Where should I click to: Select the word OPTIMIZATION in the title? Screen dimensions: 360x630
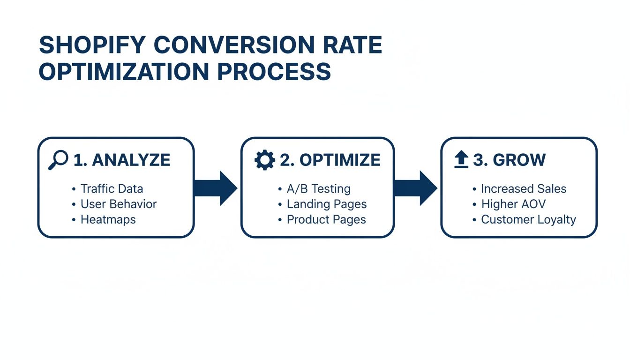point(123,72)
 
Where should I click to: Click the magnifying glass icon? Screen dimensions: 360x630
point(58,160)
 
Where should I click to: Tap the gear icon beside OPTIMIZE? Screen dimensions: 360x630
point(264,160)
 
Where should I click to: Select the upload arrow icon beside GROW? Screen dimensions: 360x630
point(461,160)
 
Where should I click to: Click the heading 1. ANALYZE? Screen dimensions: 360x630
point(122,160)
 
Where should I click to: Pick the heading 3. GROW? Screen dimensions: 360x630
point(509,160)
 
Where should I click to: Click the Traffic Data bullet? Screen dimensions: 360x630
point(112,189)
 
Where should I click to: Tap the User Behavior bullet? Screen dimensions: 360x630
point(118,204)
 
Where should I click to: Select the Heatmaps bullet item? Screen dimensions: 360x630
point(108,219)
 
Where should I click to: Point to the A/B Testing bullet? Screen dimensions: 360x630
point(318,189)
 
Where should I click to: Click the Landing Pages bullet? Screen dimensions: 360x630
point(326,204)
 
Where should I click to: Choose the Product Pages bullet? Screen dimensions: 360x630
point(326,219)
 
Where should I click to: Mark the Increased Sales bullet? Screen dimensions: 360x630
point(523,189)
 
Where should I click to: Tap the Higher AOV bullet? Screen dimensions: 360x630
point(513,204)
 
